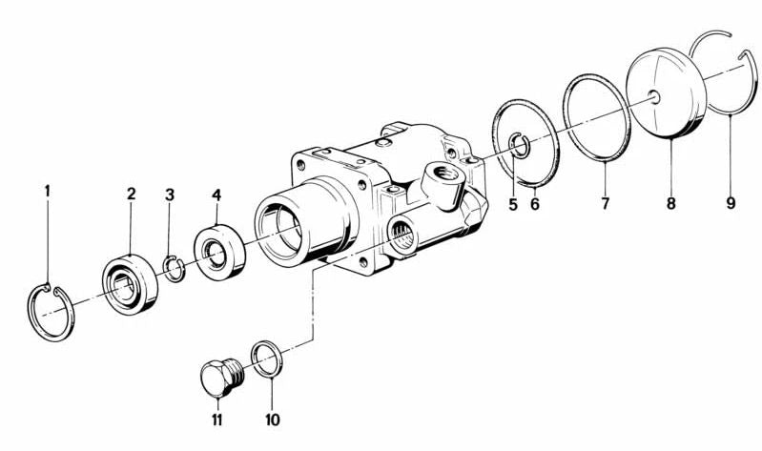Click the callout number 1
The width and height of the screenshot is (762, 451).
click(47, 191)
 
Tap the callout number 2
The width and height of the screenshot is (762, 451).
click(132, 194)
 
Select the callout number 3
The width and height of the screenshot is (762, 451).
click(169, 195)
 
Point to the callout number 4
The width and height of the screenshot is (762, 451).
click(216, 195)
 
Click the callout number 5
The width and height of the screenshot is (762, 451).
click(513, 205)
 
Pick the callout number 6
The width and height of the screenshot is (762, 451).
click(535, 205)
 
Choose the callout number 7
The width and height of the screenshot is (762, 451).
click(605, 203)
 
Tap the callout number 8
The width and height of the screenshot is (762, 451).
click(671, 203)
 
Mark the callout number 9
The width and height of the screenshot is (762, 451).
click(731, 202)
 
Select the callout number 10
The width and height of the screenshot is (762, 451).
click(273, 420)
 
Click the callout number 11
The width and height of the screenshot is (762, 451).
click(216, 420)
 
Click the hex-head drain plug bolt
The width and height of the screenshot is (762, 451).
click(221, 379)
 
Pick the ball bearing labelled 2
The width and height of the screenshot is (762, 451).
click(131, 284)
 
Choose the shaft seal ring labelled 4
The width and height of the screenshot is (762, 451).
click(219, 252)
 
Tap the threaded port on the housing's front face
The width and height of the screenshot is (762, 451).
click(402, 234)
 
